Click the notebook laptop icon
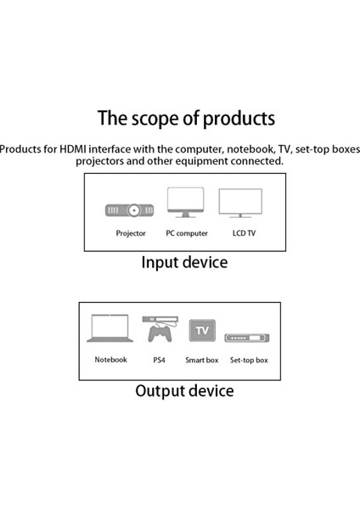click(110, 330)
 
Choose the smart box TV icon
click(201, 330)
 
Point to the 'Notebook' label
click(110, 360)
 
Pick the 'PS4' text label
click(158, 360)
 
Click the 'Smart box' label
click(201, 360)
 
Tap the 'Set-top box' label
click(249, 360)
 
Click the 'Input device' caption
click(183, 262)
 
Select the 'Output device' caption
click(184, 391)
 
